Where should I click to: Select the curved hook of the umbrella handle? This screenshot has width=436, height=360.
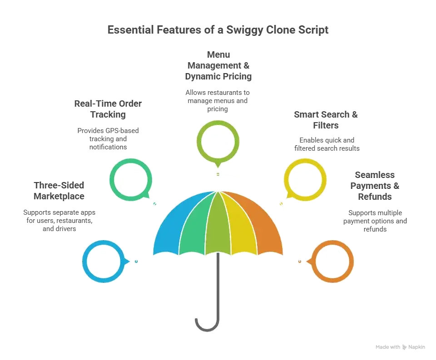tap(207, 330)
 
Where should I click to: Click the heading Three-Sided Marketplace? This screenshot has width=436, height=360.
tap(59, 191)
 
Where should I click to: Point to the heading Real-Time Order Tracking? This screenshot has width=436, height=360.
tap(108, 109)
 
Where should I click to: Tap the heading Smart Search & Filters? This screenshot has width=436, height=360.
tap(326, 120)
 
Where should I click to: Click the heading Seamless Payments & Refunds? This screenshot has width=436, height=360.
tap(375, 186)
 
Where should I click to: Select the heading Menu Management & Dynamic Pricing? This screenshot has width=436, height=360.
tap(218, 65)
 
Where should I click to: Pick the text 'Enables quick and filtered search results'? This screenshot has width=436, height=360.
tap(327, 144)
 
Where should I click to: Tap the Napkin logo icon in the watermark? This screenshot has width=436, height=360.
tap(405, 347)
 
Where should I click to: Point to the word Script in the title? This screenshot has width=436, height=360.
tap(313, 30)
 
